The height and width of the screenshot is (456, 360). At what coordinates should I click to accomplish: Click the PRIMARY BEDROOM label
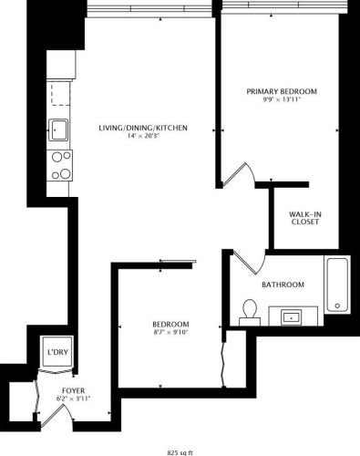coord(284,91)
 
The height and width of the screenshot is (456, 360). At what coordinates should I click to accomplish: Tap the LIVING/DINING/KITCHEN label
coord(143,128)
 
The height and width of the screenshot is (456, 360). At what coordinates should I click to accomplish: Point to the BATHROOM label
coord(283,285)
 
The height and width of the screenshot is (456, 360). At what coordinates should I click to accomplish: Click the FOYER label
coord(62,389)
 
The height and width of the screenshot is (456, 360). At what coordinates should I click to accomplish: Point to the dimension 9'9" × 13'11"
coord(284,101)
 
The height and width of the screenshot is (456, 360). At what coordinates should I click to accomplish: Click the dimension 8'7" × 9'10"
coord(170,335)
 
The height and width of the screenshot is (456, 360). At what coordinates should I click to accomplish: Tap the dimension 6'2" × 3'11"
coord(62,399)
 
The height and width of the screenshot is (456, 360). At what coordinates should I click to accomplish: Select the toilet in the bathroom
coord(248,312)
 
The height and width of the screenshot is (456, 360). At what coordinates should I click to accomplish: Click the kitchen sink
coord(59,130)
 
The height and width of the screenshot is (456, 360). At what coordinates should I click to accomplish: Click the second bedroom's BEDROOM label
coord(170,325)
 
